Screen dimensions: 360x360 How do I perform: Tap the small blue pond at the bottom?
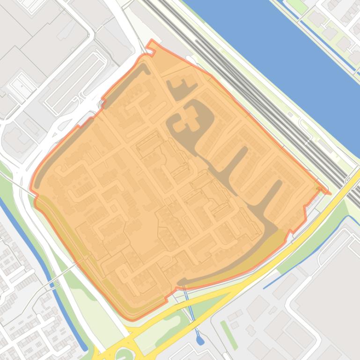(x=200, y=341)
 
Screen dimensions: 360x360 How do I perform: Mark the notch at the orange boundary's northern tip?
(x=151, y=44)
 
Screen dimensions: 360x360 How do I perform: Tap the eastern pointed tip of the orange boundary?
(x=329, y=193)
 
